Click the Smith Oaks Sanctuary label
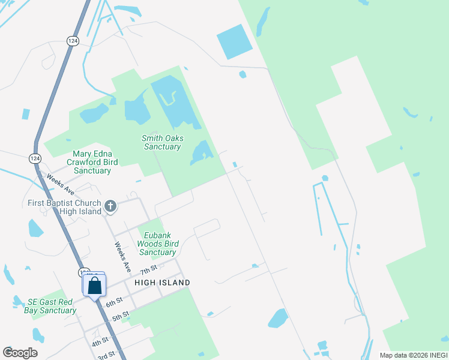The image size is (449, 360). [x=162, y=142]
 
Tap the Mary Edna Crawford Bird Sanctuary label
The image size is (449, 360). [x=95, y=162]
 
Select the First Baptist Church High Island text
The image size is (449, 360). [x=64, y=207]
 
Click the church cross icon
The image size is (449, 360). [x=110, y=206]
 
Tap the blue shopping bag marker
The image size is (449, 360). [x=94, y=285]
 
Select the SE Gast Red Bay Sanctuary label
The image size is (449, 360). [x=50, y=306]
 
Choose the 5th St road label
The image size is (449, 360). [x=120, y=315]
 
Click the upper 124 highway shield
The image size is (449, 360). [x=73, y=40]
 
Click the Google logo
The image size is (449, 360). [x=20, y=353]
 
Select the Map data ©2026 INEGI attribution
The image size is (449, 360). [x=413, y=355]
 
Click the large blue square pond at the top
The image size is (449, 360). [x=235, y=42]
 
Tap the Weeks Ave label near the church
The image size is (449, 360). [x=122, y=257]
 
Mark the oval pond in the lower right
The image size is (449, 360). [x=278, y=317]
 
